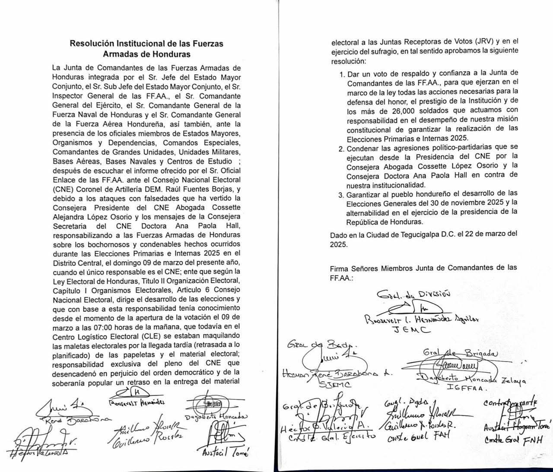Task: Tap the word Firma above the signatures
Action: [x=340, y=268]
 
